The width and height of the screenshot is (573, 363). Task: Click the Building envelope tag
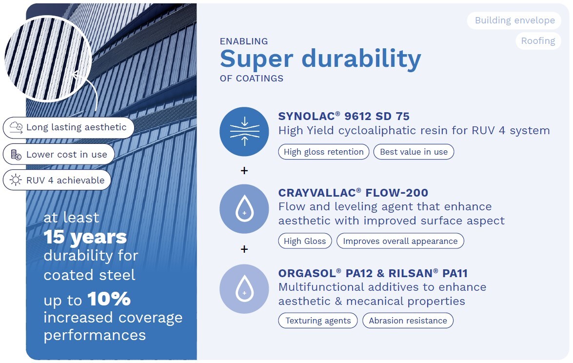point(514,20)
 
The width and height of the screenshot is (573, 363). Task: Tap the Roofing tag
point(538,41)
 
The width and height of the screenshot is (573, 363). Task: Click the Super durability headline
point(320,59)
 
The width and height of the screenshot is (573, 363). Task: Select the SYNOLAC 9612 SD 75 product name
point(344,116)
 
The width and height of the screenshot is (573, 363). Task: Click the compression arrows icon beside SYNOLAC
point(244,132)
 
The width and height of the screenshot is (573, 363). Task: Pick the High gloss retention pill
point(324,152)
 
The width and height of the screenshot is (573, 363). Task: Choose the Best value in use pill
point(414,152)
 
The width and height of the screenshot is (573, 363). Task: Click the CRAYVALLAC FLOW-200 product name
point(353,193)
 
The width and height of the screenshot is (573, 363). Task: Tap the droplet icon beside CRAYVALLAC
point(244,209)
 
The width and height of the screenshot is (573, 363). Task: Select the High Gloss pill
point(305,241)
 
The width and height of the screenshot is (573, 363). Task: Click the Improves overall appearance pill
point(400,241)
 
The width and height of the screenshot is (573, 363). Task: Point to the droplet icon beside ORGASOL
point(244,289)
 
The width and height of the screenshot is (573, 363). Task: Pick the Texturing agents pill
point(318,321)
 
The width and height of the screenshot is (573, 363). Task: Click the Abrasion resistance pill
point(408,321)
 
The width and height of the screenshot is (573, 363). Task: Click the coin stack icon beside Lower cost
point(16,155)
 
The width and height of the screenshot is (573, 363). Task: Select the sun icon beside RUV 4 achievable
point(16,180)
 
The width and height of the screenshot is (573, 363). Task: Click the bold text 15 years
point(85,237)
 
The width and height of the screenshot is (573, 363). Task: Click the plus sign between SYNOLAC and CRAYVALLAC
point(244,170)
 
